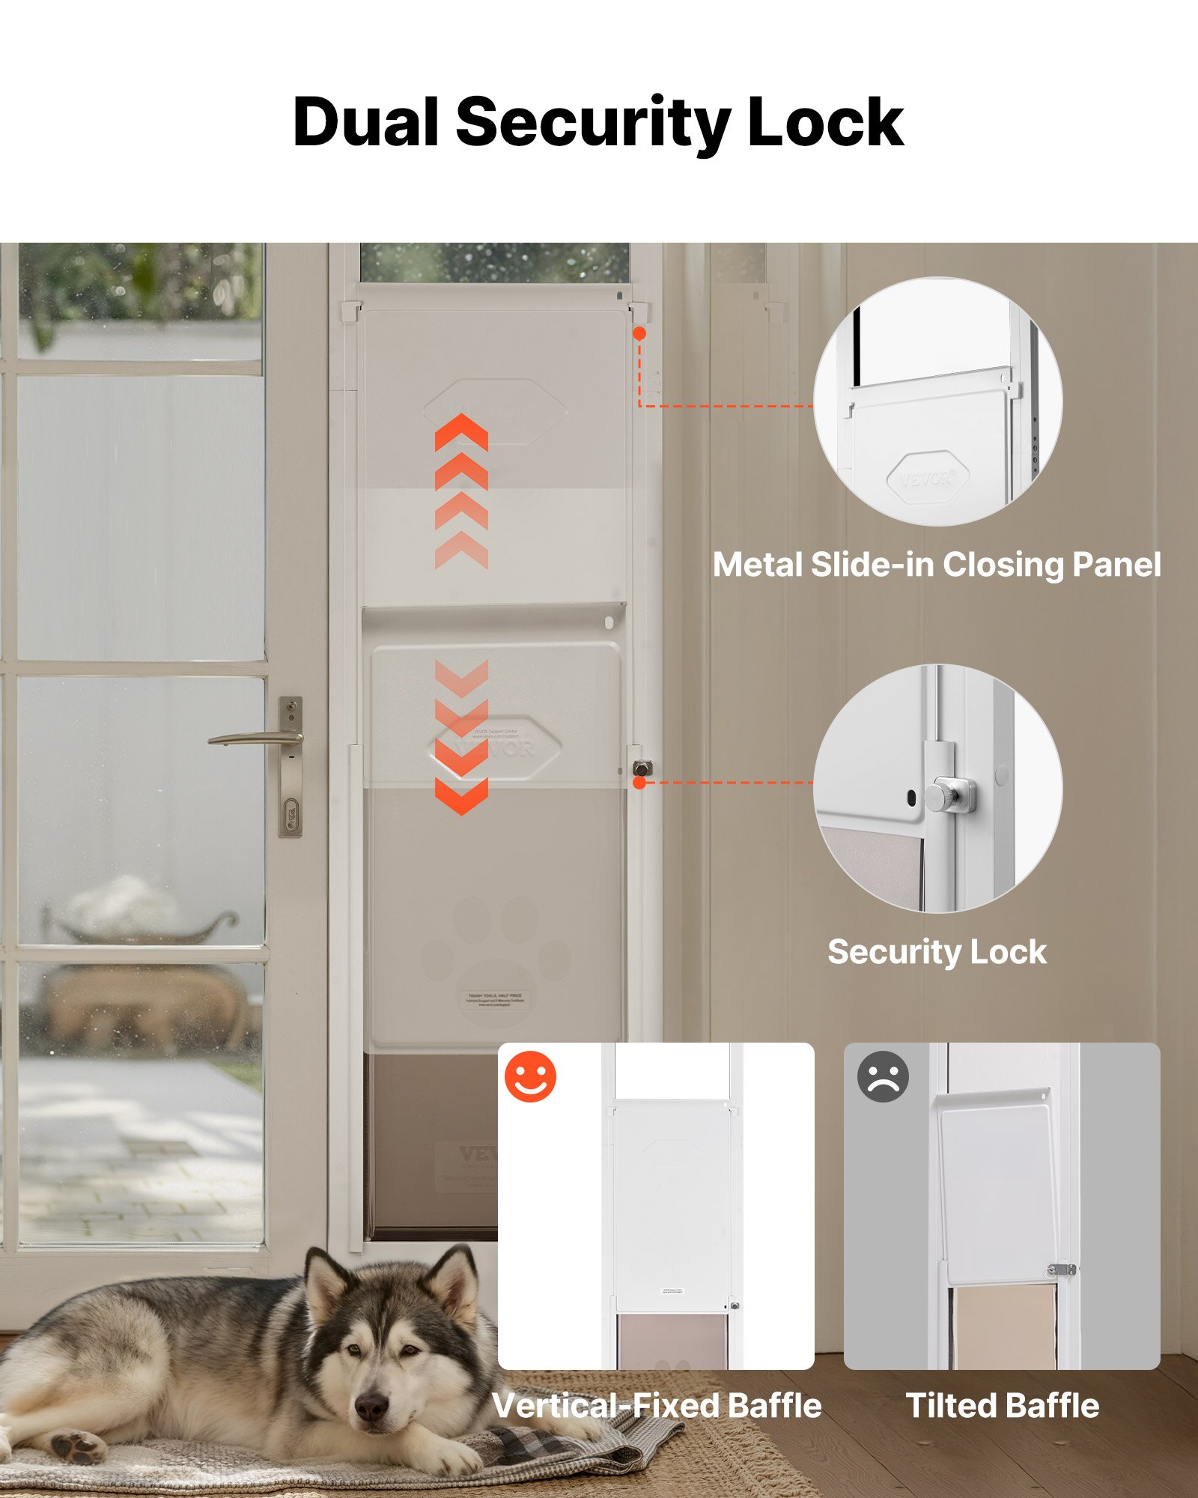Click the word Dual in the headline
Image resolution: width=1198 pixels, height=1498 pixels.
coord(365,123)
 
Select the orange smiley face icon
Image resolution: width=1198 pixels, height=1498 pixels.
coord(530,1077)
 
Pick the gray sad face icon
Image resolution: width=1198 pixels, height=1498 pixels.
coord(883,1077)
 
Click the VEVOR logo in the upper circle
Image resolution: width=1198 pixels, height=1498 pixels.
coord(928,477)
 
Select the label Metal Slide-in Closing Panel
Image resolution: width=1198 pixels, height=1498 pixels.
coord(937,565)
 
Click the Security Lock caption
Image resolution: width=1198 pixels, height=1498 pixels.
coord(937,952)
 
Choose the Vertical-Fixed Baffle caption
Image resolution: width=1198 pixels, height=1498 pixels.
coord(657,1406)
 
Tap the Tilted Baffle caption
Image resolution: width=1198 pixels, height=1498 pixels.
coord(1003,1406)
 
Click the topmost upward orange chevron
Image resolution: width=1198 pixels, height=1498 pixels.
coord(461,432)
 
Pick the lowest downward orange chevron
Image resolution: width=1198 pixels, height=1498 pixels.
coord(461,795)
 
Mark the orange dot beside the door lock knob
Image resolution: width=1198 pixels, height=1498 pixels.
coord(639,783)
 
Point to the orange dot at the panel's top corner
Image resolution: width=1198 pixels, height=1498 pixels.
coord(639,333)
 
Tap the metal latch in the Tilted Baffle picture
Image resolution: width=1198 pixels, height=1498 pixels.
coord(1061,1270)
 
